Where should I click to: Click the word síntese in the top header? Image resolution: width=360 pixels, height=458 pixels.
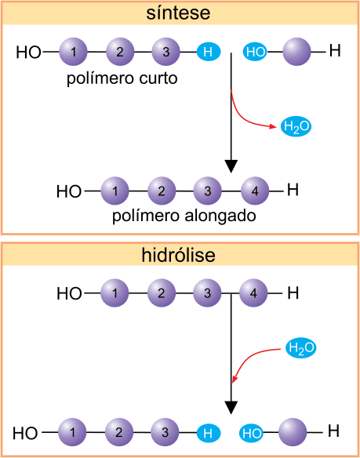pos(178,13)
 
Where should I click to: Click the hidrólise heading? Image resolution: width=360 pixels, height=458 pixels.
pos(179,255)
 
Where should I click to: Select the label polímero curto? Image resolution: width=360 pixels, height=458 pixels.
pos(122,79)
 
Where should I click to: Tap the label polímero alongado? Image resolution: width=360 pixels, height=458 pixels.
pos(184,216)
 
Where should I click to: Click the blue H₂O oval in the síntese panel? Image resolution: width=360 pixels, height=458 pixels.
pos(296,127)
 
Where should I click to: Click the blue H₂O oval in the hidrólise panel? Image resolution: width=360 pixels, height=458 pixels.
pos(301,348)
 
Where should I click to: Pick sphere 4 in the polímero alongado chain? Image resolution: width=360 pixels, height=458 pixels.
pos(255,191)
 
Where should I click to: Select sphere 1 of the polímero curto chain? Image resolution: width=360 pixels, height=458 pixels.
pos(74,52)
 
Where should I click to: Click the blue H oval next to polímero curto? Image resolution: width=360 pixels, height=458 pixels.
pos(209,53)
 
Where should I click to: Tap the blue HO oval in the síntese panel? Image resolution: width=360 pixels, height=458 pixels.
pos(255,53)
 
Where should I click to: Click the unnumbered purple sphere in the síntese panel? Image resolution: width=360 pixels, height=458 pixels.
pos(297,52)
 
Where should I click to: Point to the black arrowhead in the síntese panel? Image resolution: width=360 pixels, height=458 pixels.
pos(231,166)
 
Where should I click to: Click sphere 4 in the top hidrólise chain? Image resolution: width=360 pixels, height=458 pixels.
pos(253,293)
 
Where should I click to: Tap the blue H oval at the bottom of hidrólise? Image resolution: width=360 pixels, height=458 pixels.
pos(208,433)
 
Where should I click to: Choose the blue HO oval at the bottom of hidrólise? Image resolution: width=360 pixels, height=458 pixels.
pos(251,433)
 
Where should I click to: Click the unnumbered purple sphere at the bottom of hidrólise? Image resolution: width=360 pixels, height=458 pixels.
pos(293,432)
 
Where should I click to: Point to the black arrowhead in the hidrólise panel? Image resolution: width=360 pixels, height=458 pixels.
pos(231,407)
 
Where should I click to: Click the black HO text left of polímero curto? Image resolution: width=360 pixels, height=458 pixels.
pos(28,53)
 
